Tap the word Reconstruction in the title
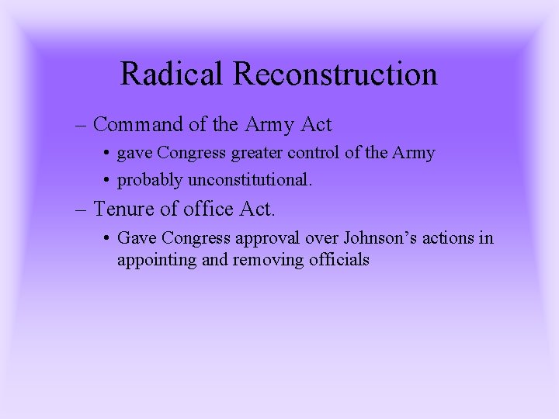(335, 74)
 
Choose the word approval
(261, 238)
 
